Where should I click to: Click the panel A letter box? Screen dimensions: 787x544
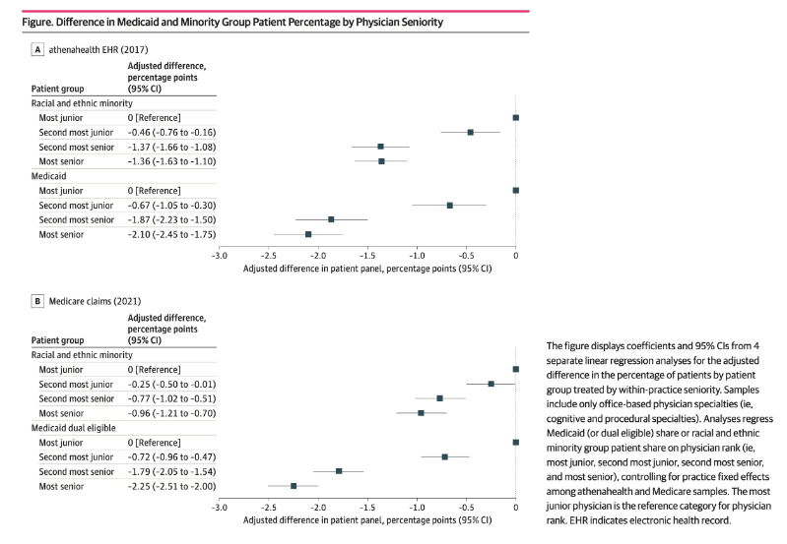pyautogui.click(x=37, y=49)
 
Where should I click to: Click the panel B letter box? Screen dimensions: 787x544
pyautogui.click(x=37, y=301)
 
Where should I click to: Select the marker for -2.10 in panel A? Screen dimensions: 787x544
pyautogui.click(x=308, y=235)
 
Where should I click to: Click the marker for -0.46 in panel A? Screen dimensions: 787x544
pyautogui.click(x=470, y=133)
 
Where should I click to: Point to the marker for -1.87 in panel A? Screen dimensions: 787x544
pyautogui.click(x=331, y=219)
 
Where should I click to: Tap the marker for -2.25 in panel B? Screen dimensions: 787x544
pyautogui.click(x=294, y=486)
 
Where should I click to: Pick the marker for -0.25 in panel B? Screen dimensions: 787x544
pyautogui.click(x=491, y=384)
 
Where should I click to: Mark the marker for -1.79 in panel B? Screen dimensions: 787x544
pyautogui.click(x=339, y=471)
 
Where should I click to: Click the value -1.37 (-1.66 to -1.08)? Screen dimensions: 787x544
pyautogui.click(x=171, y=147)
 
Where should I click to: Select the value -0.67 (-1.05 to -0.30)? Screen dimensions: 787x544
pyautogui.click(x=171, y=206)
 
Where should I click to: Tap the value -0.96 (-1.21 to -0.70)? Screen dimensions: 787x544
pyautogui.click(x=171, y=413)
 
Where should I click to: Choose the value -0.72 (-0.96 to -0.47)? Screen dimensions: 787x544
pyautogui.click(x=171, y=457)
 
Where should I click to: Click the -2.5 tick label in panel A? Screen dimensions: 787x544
pyautogui.click(x=269, y=256)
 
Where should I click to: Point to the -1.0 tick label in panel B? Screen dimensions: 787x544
pyautogui.click(x=417, y=508)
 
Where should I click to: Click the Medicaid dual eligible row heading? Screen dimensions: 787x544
pyautogui.click(x=73, y=428)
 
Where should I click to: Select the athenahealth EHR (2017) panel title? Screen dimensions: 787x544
pyautogui.click(x=98, y=49)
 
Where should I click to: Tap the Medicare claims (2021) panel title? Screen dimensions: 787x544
pyautogui.click(x=95, y=301)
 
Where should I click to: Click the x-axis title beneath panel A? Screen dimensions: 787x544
pyautogui.click(x=367, y=269)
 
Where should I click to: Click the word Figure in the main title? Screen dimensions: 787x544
pyautogui.click(x=36, y=23)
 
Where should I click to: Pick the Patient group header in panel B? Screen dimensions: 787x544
pyautogui.click(x=58, y=340)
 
